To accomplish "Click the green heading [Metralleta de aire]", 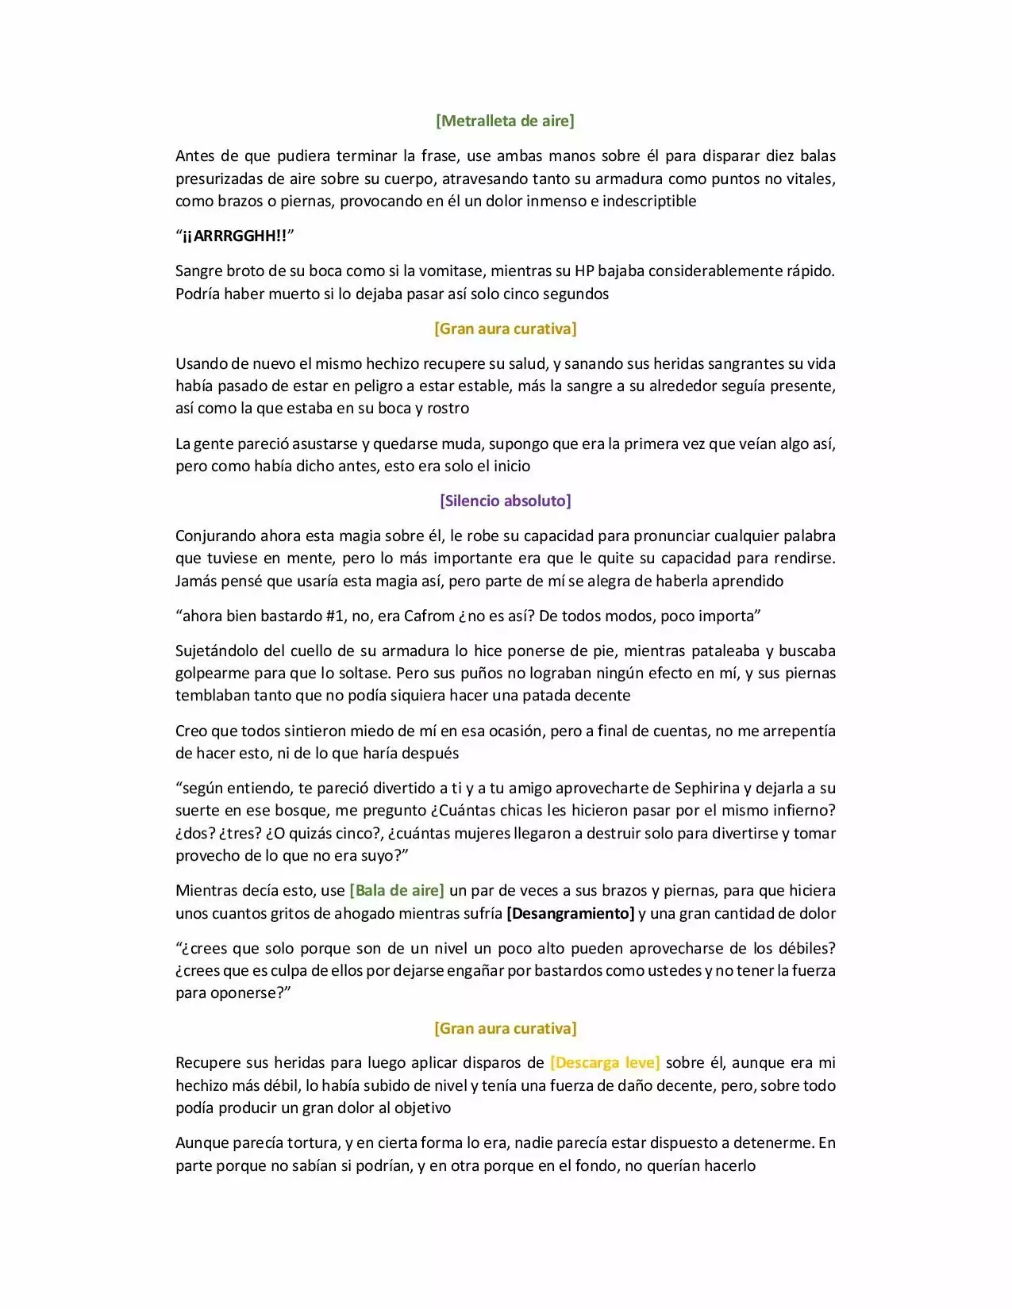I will (x=505, y=121).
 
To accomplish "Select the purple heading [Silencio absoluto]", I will (x=505, y=501).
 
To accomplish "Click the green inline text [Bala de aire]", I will (x=397, y=890).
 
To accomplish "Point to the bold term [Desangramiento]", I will (x=570, y=913).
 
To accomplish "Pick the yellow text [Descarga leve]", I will (x=605, y=1062).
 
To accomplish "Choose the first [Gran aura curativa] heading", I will (x=505, y=328).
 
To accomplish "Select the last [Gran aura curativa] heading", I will (x=505, y=1028).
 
